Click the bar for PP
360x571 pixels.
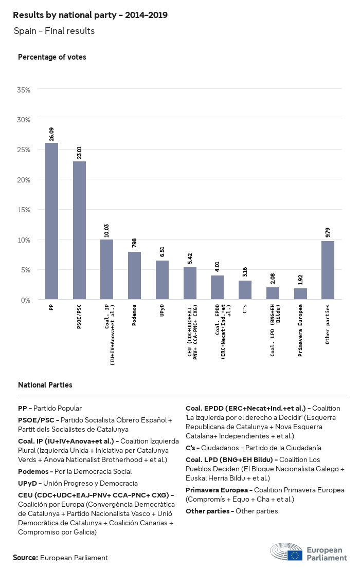coord(51,221)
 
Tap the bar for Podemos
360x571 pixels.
coord(134,275)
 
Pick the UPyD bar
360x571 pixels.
coord(162,280)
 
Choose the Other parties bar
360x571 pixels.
coord(328,270)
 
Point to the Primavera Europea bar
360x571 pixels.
coord(300,294)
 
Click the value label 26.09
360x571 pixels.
coord(51,134)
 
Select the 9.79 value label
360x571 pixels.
coord(328,232)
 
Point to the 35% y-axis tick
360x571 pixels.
coord(24,90)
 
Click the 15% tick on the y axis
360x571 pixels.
coord(24,210)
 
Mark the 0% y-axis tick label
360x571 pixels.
coord(26,300)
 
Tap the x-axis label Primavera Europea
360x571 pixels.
coord(300,323)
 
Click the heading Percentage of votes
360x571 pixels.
coord(52,57)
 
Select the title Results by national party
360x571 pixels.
coord(90,15)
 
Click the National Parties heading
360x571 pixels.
coord(45,384)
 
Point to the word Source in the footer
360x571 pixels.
coord(25,558)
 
